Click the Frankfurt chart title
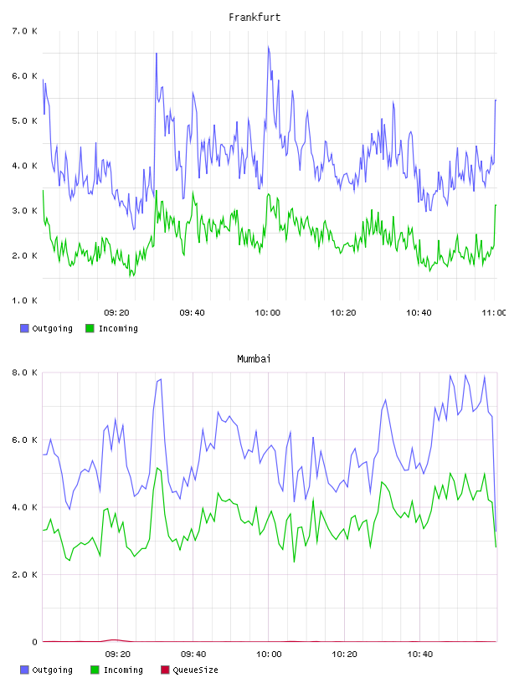point(254,18)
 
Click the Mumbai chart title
point(254,359)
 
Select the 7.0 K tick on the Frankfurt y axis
point(25,31)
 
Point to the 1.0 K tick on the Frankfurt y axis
point(25,300)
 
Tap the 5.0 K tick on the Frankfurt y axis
point(25,121)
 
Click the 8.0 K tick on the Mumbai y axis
point(25,372)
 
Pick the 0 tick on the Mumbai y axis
point(34,642)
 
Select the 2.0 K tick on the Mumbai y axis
point(25,574)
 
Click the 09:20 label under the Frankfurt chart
point(117,313)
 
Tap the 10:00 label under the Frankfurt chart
point(268,313)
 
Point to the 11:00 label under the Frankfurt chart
point(494,313)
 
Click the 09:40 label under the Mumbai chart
point(193,655)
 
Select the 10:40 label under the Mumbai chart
point(420,655)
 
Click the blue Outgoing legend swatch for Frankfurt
point(24,328)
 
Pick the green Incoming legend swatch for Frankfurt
point(90,328)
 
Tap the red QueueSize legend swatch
point(165,670)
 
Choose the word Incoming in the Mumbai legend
point(123,670)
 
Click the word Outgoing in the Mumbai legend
point(52,670)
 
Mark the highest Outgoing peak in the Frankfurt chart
point(269,47)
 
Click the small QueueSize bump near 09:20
point(115,639)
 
